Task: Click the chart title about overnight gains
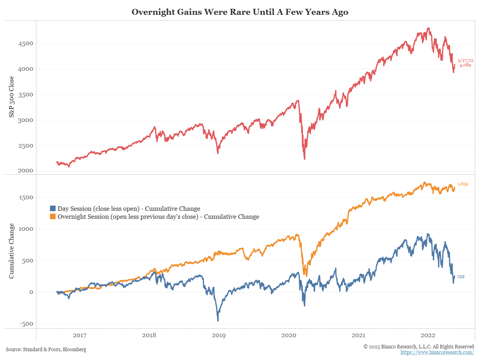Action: click(240, 12)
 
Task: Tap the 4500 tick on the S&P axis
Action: click(25, 43)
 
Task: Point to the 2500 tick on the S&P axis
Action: click(25, 146)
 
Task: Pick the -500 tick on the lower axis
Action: click(25, 324)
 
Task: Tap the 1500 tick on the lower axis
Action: click(25, 198)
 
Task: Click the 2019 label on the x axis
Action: click(218, 335)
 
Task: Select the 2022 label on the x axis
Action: click(428, 335)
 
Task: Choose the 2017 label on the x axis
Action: click(79, 335)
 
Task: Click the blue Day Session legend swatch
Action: click(52, 208)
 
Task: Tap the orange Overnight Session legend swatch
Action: click(52, 217)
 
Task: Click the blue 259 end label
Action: click(460, 276)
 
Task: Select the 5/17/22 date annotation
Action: click(466, 60)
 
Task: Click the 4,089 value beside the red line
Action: click(464, 65)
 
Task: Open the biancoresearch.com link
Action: click(437, 352)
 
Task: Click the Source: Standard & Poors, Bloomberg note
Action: click(46, 350)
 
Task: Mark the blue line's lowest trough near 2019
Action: click(218, 320)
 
